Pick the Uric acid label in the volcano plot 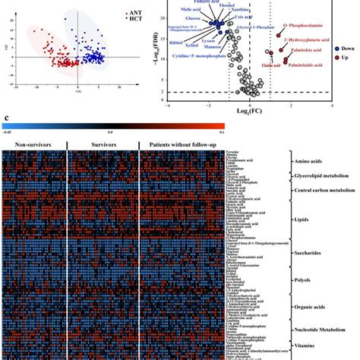(242, 19)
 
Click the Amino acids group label (315, 162)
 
